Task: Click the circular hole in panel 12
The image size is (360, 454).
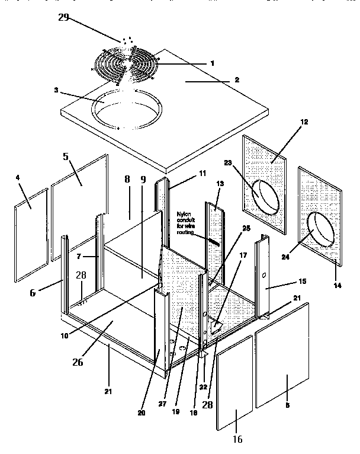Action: (266, 196)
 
